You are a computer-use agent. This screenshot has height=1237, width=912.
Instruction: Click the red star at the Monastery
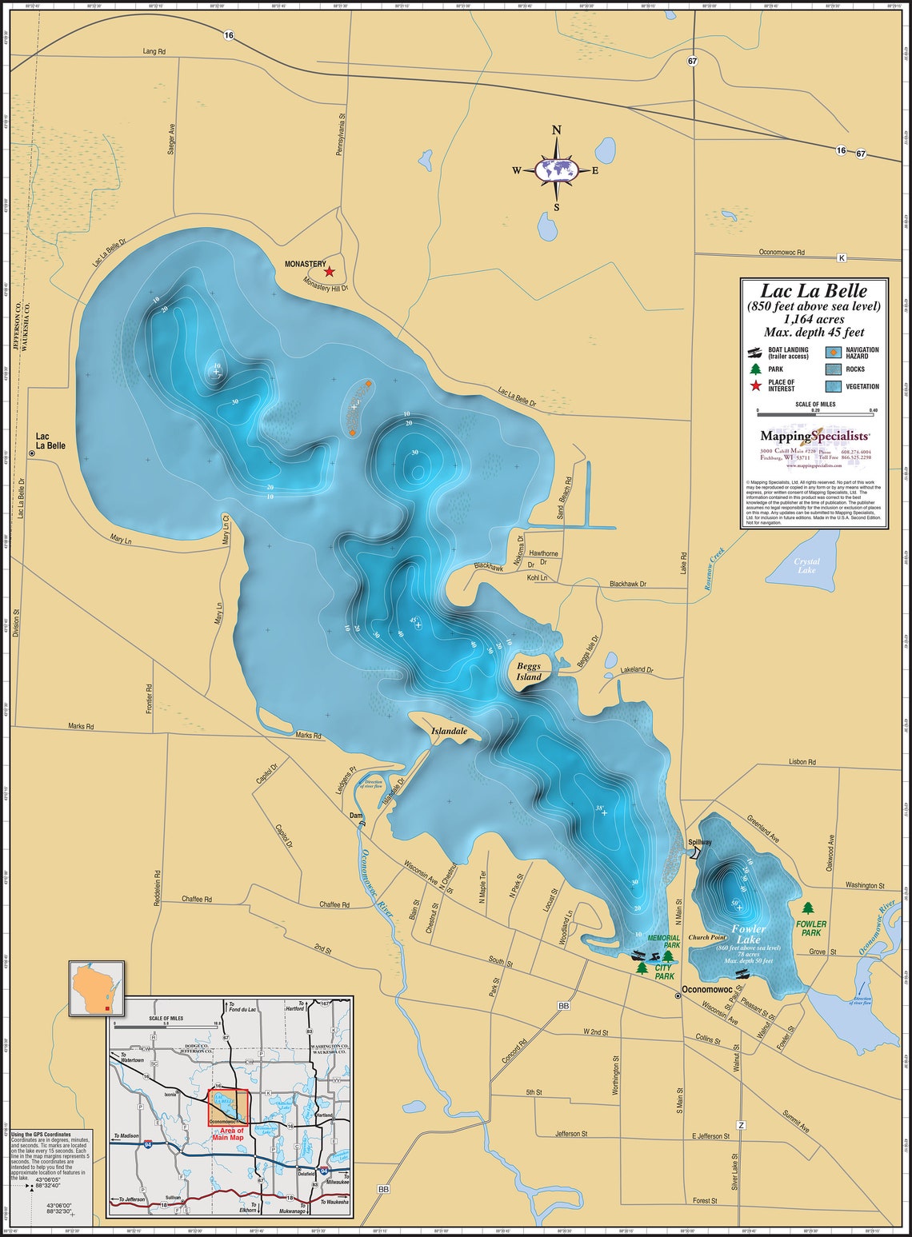(329, 272)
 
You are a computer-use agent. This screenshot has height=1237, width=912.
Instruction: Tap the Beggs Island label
(528, 671)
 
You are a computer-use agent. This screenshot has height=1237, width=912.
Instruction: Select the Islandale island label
(447, 731)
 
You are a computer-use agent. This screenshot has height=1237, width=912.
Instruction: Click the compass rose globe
(558, 169)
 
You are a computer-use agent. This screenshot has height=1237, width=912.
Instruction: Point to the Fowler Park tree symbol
(808, 909)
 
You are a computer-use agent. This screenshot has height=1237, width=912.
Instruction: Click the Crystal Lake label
(806, 565)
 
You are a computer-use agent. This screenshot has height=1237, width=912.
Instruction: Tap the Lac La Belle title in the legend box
(813, 291)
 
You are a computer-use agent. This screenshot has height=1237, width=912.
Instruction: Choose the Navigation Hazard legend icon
(833, 353)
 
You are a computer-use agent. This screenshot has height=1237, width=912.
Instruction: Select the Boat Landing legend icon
(754, 353)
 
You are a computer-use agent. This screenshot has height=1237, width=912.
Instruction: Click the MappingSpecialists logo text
(814, 436)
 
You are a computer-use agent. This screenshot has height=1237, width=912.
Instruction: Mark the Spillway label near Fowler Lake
(699, 842)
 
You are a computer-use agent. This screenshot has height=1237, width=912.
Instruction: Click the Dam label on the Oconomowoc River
(356, 816)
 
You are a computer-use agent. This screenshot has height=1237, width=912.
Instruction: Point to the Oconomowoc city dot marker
(678, 996)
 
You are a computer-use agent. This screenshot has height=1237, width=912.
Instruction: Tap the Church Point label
(707, 937)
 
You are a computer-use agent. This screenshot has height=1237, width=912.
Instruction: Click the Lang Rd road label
(154, 51)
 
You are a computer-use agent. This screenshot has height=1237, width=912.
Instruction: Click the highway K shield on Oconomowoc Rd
(841, 257)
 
